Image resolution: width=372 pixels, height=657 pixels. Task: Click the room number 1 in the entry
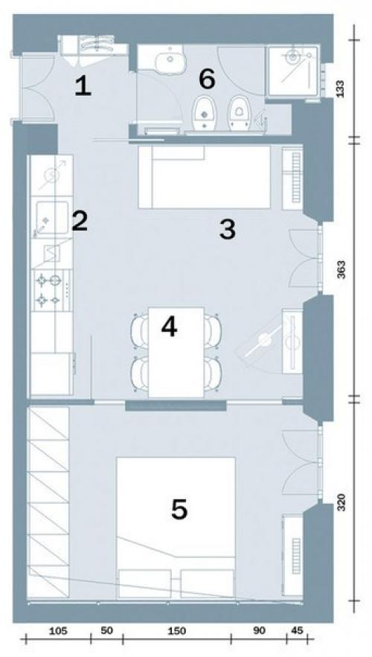point(83,88)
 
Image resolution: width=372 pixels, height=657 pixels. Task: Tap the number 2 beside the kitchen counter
point(80,221)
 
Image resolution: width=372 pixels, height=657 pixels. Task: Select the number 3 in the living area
point(228,230)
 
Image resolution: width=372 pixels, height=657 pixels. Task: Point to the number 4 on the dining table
point(169,327)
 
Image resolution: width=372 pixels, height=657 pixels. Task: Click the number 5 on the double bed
point(179,509)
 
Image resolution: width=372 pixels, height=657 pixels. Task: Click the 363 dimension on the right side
point(341,271)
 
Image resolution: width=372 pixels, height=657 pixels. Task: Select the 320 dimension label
point(341,502)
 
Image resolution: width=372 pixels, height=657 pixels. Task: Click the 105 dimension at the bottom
point(58,632)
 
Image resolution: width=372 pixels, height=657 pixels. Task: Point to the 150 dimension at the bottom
point(176,632)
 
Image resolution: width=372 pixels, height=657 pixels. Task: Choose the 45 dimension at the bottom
point(297,631)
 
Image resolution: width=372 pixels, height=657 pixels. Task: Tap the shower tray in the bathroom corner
point(292,71)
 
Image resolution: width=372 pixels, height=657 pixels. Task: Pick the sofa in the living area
point(205,177)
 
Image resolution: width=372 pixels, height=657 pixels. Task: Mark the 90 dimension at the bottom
point(259,631)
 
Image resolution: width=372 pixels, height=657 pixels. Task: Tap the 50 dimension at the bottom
point(107,631)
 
